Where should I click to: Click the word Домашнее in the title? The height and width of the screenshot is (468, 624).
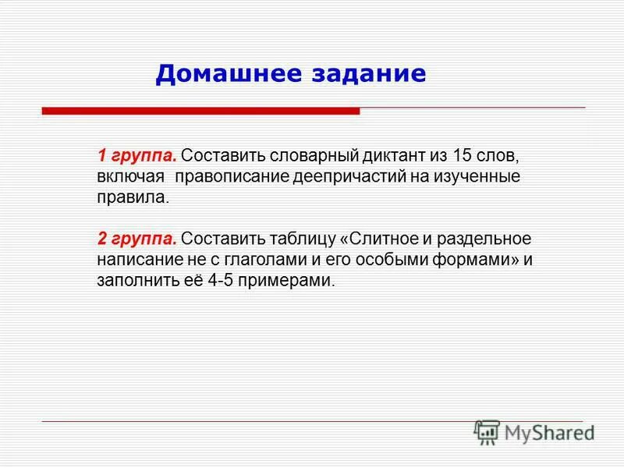pyautogui.click(x=220, y=73)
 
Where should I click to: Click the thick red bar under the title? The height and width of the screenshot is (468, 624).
pyautogui.click(x=200, y=112)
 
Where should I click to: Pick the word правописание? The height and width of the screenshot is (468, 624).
pyautogui.click(x=232, y=175)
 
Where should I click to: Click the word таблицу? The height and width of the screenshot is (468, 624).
pyautogui.click(x=304, y=238)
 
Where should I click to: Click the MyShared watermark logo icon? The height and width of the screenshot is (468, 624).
pyautogui.click(x=487, y=431)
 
